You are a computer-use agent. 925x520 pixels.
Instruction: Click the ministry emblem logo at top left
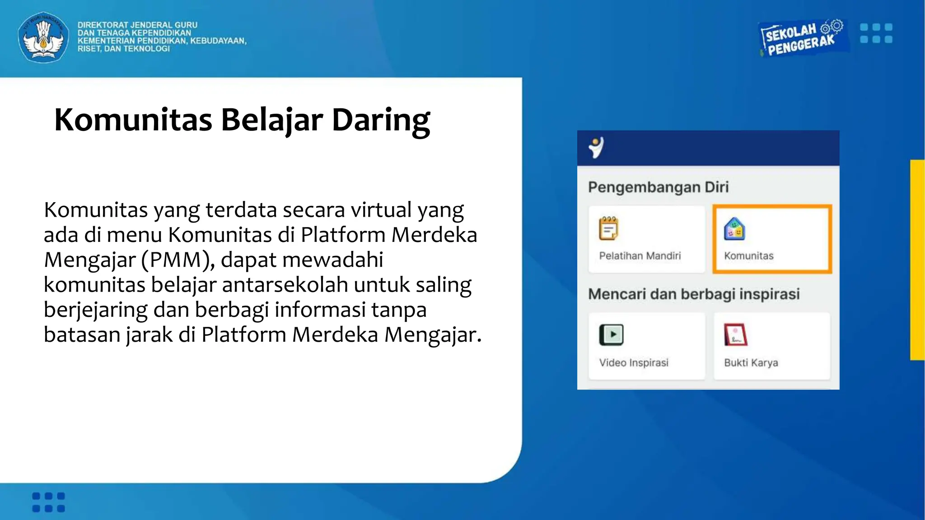coord(43,37)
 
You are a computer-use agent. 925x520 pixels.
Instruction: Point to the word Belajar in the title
coord(271,120)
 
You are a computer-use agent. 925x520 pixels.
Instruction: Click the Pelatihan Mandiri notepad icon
coord(608,228)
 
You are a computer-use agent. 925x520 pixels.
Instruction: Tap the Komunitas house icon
coord(734,229)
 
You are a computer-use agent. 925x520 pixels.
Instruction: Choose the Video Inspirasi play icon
coord(611,335)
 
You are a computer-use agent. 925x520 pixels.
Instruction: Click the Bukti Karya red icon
coord(735,335)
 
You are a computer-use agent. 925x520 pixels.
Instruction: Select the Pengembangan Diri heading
coord(658,187)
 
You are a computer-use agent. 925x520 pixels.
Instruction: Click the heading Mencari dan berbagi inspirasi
coord(694,294)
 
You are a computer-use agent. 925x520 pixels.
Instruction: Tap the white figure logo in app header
coord(596,148)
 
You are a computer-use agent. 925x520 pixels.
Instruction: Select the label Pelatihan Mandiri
coord(640,256)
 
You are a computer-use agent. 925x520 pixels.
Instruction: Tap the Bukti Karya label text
coord(751,363)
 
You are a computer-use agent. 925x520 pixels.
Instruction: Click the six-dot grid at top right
coord(876,33)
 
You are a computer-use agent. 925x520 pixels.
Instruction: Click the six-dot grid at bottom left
coord(49,502)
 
